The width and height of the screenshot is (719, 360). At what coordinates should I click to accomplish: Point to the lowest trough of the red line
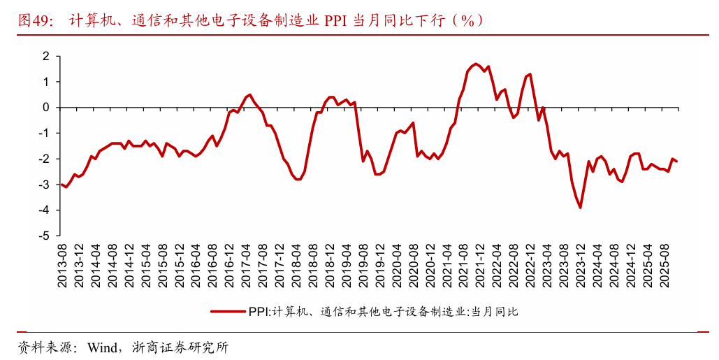[x=580, y=208]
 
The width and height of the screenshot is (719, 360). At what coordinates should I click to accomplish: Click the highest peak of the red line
[x=476, y=64]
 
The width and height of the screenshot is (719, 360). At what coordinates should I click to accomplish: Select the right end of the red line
[x=676, y=161]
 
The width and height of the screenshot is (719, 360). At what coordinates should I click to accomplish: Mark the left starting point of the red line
[x=61, y=185]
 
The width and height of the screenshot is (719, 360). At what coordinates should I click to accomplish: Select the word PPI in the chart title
[x=335, y=21]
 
